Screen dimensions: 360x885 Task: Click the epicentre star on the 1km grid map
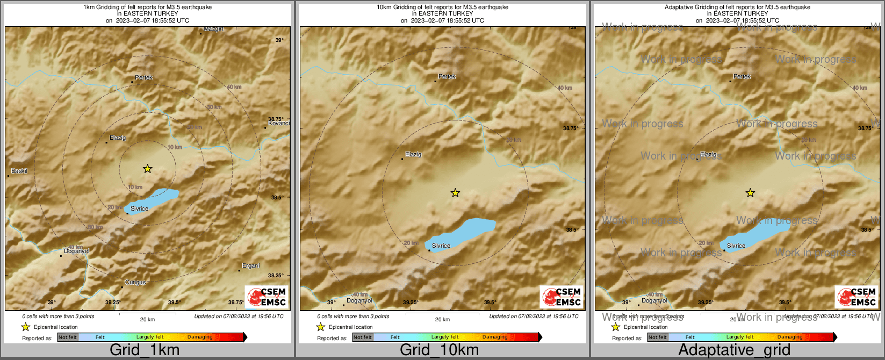(148, 169)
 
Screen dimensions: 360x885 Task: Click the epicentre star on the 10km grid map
(455, 193)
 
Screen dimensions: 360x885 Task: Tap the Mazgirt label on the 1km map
(213, 29)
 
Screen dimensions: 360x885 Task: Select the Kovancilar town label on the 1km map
(279, 124)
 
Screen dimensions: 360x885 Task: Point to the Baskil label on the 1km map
(19, 171)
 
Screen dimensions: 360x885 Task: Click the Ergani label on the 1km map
(251, 266)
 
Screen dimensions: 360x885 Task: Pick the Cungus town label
(135, 283)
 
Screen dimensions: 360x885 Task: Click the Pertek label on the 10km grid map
(447, 77)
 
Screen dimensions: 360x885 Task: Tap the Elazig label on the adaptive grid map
(708, 155)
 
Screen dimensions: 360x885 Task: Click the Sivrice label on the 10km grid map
(441, 246)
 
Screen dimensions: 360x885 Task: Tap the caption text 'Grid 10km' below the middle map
(439, 350)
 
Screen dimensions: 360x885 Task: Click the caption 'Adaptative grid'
(734, 350)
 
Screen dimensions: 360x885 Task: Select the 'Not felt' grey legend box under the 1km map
(68, 337)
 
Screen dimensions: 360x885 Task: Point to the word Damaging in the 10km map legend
(495, 337)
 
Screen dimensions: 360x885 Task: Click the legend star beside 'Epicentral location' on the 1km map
(25, 327)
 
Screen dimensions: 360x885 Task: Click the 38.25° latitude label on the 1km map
(276, 276)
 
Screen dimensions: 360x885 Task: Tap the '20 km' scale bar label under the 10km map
(442, 320)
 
